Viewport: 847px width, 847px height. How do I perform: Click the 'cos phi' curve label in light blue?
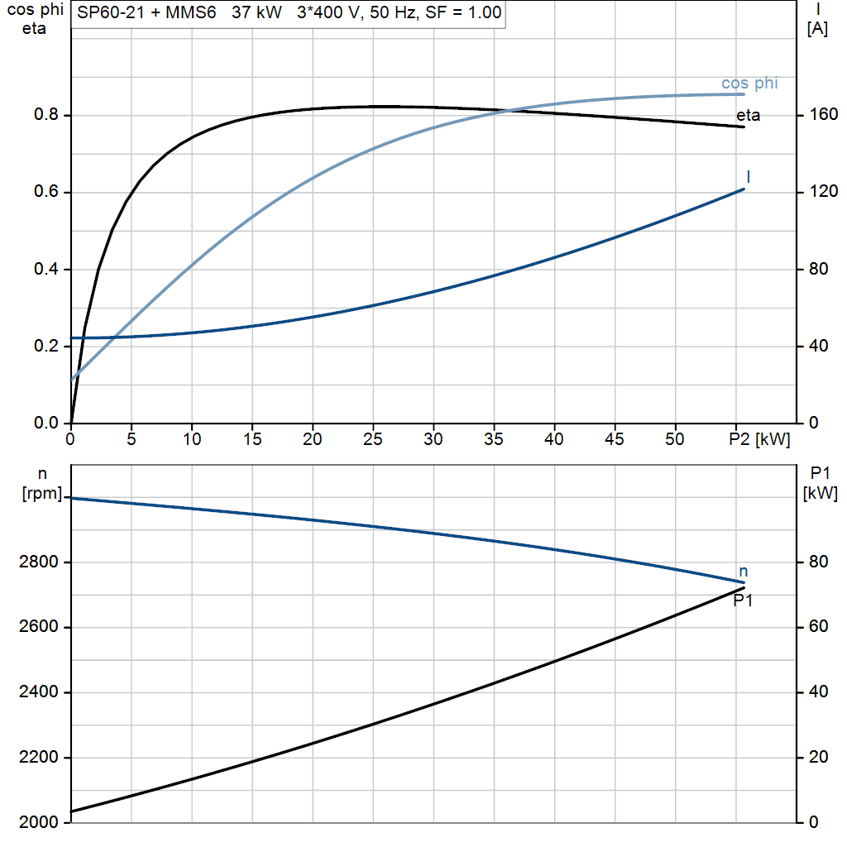[x=749, y=84]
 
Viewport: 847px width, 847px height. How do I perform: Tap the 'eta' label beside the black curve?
[x=748, y=115]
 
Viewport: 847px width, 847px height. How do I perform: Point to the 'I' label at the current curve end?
[x=748, y=177]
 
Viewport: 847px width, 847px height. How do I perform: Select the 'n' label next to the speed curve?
[x=744, y=572]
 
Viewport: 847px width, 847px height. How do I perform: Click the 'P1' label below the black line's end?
[x=743, y=601]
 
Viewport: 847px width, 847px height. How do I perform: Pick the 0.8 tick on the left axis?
[x=45, y=114]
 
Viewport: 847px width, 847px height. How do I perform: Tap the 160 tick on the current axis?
[x=823, y=114]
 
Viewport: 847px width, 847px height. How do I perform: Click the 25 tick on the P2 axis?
[x=373, y=439]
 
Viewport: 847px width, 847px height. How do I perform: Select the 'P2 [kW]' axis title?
[x=759, y=440]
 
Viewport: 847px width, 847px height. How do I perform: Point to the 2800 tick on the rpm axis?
[x=38, y=562]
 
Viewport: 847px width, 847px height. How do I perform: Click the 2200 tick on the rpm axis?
[x=38, y=757]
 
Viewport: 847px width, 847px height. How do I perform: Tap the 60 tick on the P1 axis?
[x=818, y=626]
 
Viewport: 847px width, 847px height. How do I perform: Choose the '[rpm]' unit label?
[x=42, y=493]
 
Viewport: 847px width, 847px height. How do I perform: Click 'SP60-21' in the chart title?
[x=111, y=12]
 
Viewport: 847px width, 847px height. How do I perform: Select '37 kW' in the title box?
[x=256, y=12]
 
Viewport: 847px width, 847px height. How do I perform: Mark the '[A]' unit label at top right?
[x=817, y=28]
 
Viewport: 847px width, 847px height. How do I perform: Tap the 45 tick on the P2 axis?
[x=615, y=439]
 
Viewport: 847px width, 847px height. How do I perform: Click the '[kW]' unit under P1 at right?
[x=821, y=493]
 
